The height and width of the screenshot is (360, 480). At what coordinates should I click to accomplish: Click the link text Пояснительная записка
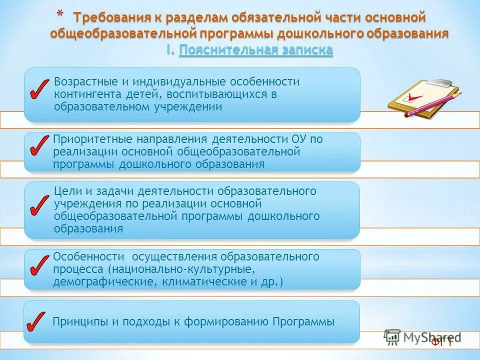pos(255,50)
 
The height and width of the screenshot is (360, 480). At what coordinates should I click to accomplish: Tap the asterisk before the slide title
pos(59,14)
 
